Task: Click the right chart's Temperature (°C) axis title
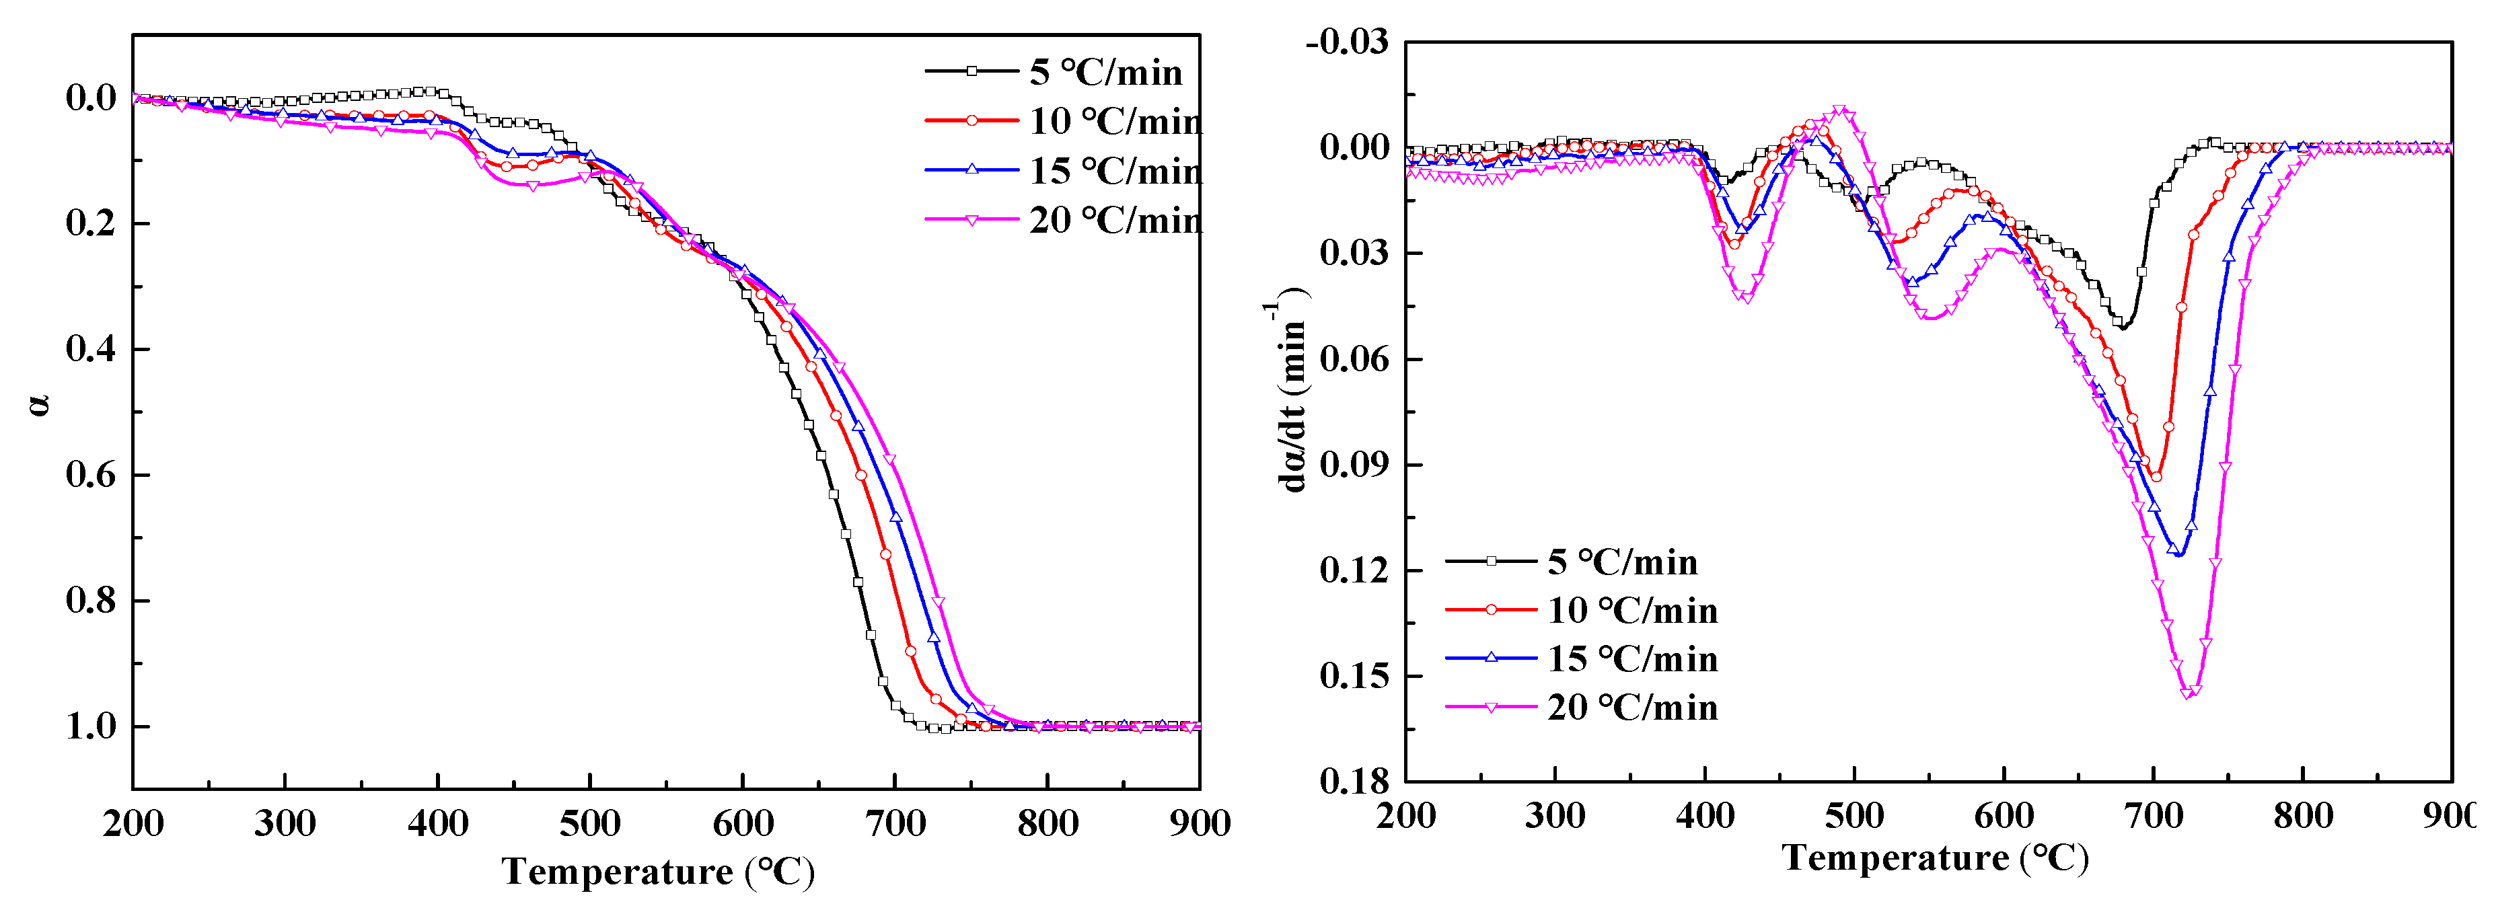pyautogui.click(x=1935, y=858)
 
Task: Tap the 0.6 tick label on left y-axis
pyautogui.click(x=90, y=475)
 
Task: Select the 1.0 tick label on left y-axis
pyautogui.click(x=90, y=726)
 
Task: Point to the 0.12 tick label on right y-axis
pyautogui.click(x=1353, y=570)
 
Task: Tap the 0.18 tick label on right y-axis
pyautogui.click(x=1353, y=781)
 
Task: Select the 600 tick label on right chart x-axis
pyautogui.click(x=2004, y=816)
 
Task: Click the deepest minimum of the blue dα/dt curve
pyautogui.click(x=2179, y=554)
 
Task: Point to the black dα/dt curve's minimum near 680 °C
pyautogui.click(x=2122, y=328)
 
